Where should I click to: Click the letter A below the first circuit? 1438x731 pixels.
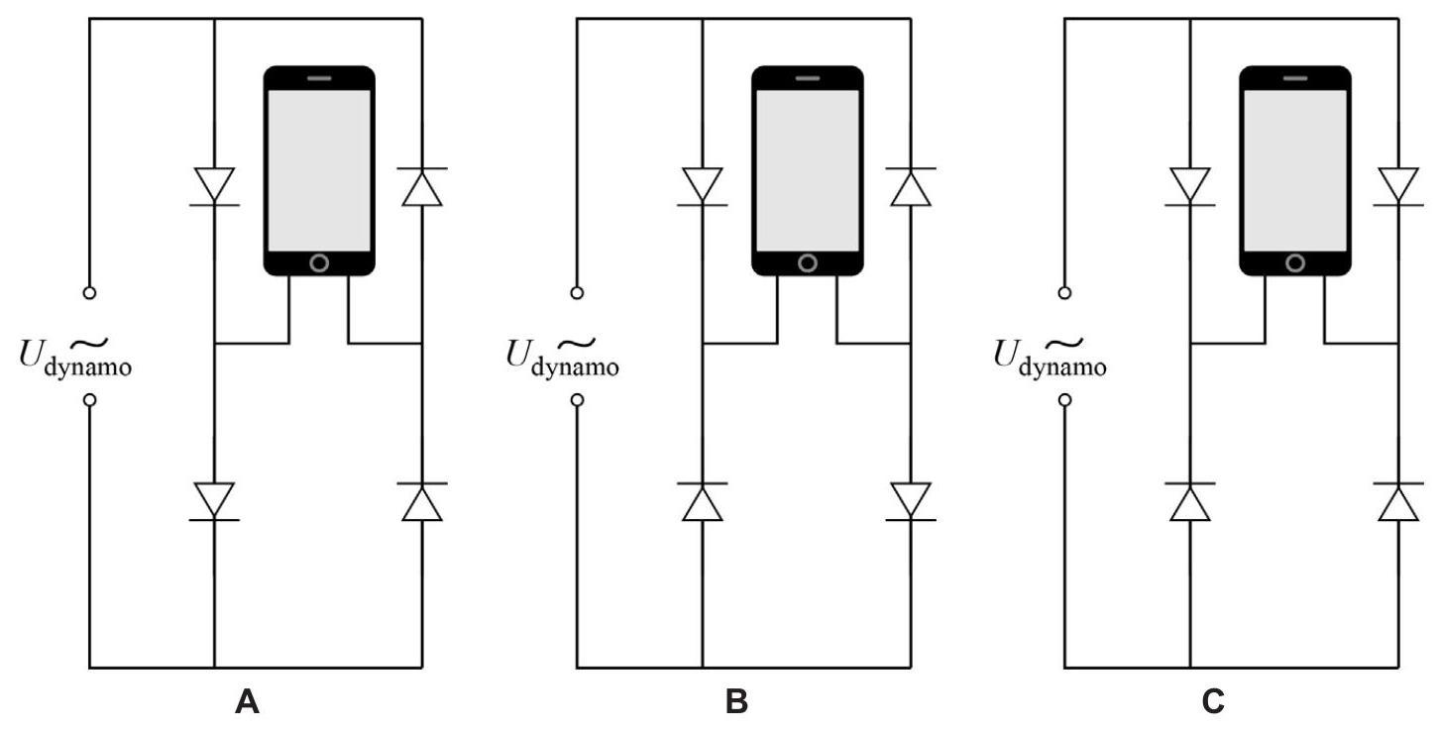[x=247, y=704]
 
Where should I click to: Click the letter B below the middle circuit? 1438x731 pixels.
[x=736, y=704]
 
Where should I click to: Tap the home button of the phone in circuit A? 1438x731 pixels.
[x=319, y=262]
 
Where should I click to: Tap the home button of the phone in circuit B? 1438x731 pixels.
[x=807, y=262]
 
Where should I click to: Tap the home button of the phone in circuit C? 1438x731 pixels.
[x=1294, y=262]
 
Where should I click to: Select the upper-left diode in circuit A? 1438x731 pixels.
[x=215, y=185]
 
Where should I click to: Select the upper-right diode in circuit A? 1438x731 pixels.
[x=422, y=185]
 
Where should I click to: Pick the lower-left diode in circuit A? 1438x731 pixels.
[x=215, y=500]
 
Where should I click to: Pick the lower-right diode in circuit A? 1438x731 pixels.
[x=422, y=500]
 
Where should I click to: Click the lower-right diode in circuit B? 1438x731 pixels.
[x=910, y=500]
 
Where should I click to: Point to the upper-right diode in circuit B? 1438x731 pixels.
[x=910, y=185]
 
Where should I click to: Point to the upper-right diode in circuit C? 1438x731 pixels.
[x=1397, y=185]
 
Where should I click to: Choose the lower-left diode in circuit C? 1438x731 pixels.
[x=1189, y=500]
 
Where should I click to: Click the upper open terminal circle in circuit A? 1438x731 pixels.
[x=89, y=292]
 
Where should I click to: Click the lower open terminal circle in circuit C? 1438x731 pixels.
[x=1064, y=400]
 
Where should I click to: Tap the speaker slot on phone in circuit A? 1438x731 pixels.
[x=319, y=77]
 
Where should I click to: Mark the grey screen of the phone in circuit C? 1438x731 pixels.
[x=1294, y=168]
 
